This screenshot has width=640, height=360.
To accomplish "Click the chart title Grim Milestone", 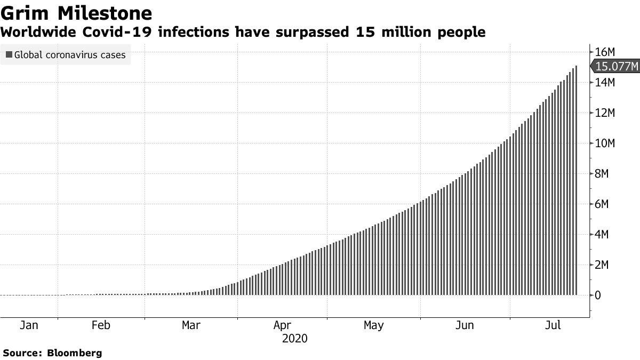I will pyautogui.click(x=77, y=13).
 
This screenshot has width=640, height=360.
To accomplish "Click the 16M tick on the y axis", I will pyautogui.click(x=605, y=52).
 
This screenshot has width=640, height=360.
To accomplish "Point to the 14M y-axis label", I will pyautogui.click(x=605, y=83).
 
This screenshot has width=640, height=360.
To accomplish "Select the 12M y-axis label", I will pyautogui.click(x=605, y=113).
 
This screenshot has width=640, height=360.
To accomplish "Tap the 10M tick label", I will pyautogui.click(x=605, y=143).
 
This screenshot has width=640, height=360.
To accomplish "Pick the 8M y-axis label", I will pyautogui.click(x=603, y=174).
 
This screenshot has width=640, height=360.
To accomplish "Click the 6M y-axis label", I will pyautogui.click(x=603, y=204).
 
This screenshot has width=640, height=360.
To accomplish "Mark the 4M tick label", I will pyautogui.click(x=603, y=235).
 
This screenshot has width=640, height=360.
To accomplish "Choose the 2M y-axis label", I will pyautogui.click(x=603, y=265).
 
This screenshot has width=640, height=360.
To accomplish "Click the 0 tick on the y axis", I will pyautogui.click(x=598, y=295).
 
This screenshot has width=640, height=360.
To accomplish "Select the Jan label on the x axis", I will pyautogui.click(x=28, y=325).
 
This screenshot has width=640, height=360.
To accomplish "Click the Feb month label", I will pyautogui.click(x=101, y=325).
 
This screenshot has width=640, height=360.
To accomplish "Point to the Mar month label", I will pyautogui.click(x=191, y=325).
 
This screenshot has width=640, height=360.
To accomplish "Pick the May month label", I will pyautogui.click(x=373, y=325).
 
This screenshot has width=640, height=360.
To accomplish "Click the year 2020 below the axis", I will pyautogui.click(x=295, y=339).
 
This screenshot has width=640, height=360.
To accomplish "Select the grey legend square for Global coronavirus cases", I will pyautogui.click(x=9, y=54).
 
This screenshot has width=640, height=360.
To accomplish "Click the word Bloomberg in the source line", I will pyautogui.click(x=75, y=353).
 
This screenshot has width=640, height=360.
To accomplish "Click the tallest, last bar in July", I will pyautogui.click(x=576, y=181).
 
